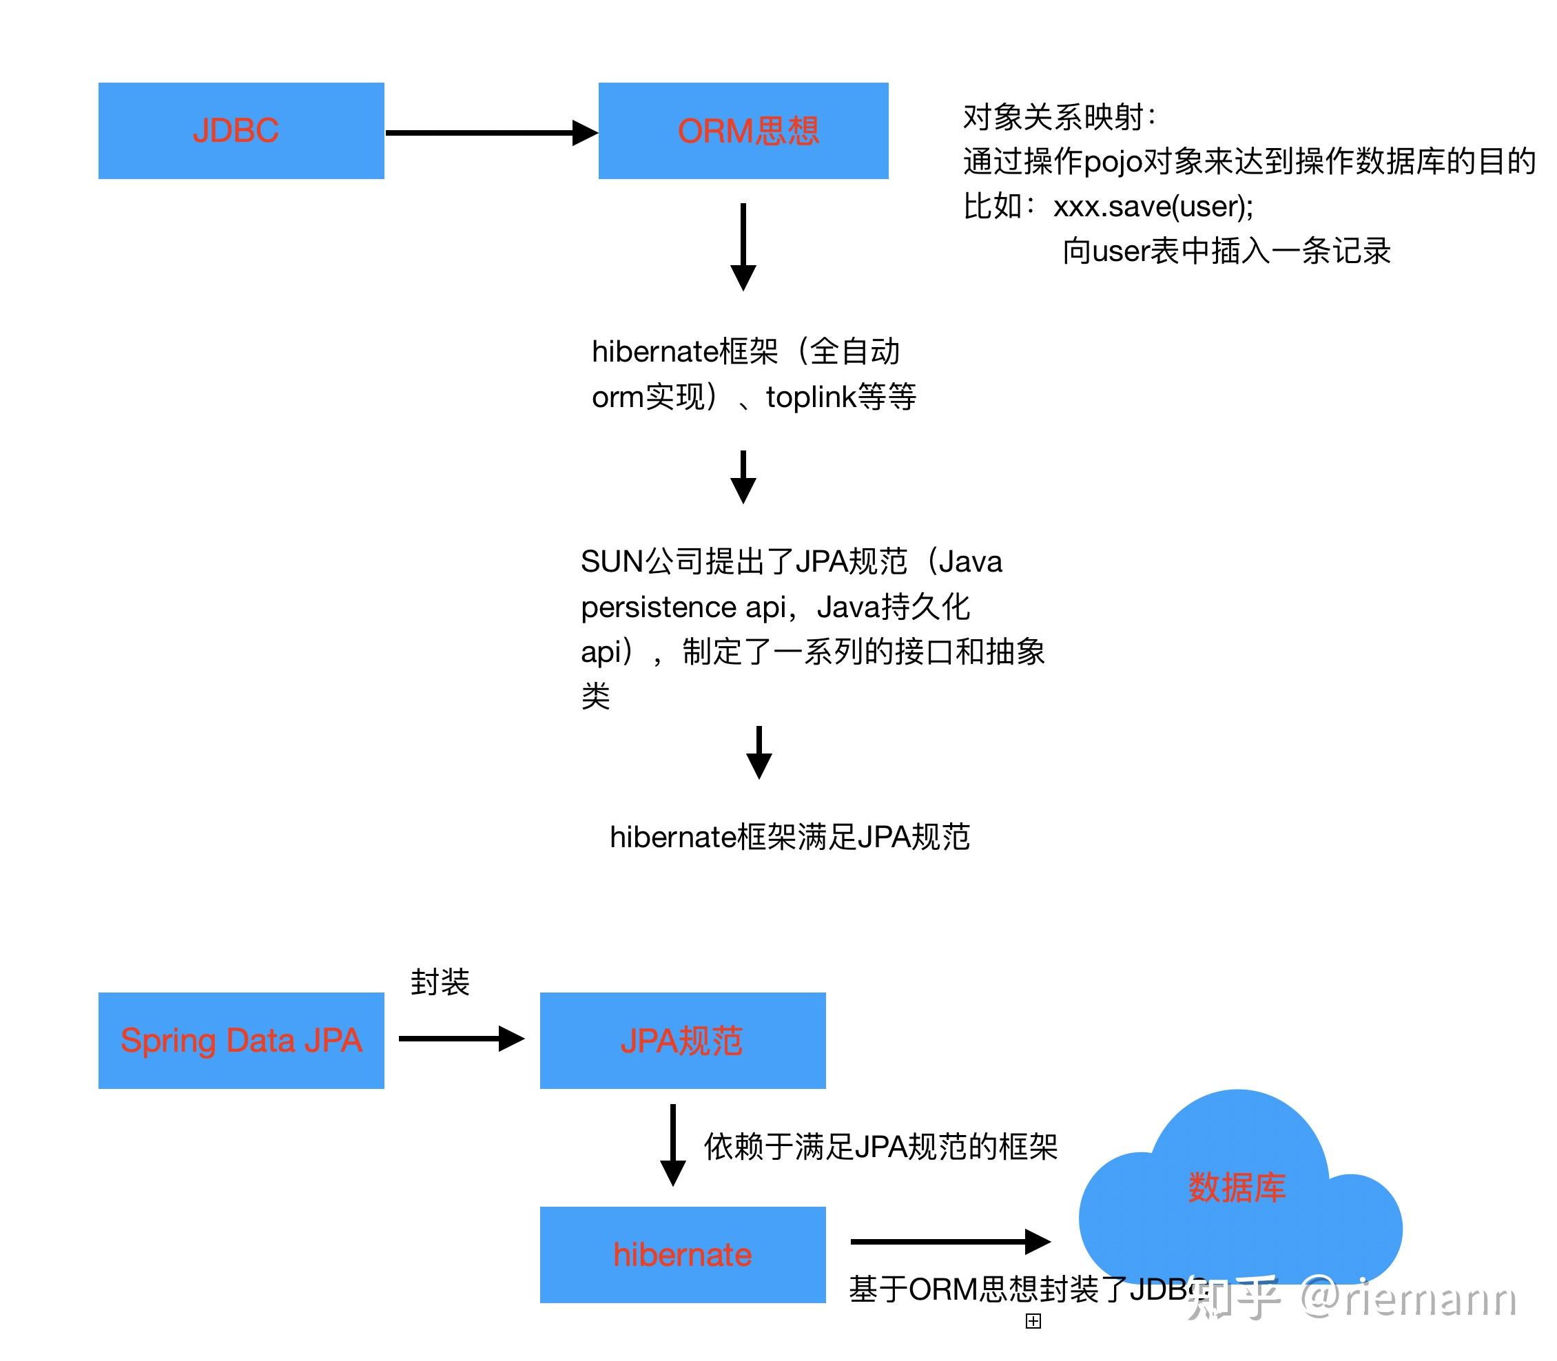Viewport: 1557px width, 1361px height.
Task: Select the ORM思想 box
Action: click(743, 131)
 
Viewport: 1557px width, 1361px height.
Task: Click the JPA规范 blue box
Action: click(682, 1040)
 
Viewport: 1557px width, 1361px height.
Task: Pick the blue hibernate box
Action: click(682, 1254)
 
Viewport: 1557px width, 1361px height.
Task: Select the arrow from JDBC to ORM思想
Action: click(490, 133)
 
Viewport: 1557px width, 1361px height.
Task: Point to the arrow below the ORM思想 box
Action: click(743, 247)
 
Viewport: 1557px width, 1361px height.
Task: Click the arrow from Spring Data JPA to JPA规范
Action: click(460, 1038)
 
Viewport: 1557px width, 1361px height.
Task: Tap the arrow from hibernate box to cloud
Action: click(949, 1241)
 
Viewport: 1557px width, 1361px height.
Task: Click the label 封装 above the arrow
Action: click(440, 982)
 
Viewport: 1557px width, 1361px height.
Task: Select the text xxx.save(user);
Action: click(1153, 207)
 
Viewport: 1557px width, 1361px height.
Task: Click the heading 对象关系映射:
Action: click(1059, 117)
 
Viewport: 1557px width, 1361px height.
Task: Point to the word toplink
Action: click(810, 397)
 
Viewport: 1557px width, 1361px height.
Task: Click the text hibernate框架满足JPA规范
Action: click(790, 837)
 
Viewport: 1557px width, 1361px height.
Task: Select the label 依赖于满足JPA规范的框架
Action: click(880, 1147)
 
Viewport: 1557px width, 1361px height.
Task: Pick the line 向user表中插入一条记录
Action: click(1226, 251)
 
